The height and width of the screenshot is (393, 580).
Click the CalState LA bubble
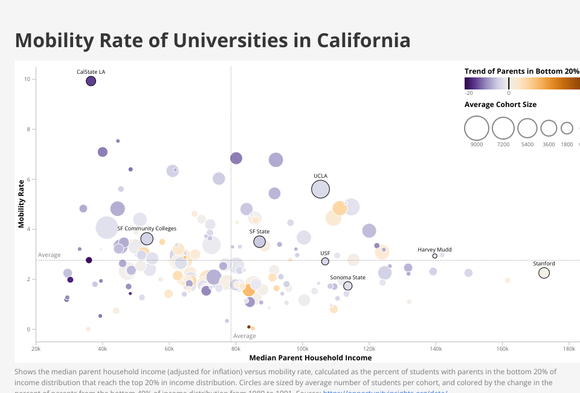pyautogui.click(x=91, y=81)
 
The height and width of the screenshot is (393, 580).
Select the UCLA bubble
pyautogui.click(x=320, y=189)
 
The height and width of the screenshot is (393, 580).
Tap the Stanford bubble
pyautogui.click(x=544, y=273)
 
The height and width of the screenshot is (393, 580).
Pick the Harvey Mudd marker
pyautogui.click(x=434, y=256)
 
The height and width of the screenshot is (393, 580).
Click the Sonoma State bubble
pyautogui.click(x=347, y=286)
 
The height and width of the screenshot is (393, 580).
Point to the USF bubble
pyautogui.click(x=325, y=261)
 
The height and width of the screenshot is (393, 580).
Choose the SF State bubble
pyautogui.click(x=260, y=242)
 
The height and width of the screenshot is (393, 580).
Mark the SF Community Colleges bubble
pyautogui.click(x=147, y=239)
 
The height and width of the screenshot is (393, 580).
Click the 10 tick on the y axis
pyautogui.click(x=27, y=79)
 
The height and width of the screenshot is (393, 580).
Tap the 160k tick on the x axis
pyautogui.click(x=501, y=348)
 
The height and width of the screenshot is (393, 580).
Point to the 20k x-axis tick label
pyautogui.click(x=36, y=348)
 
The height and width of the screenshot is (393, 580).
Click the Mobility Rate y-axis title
pyautogui.click(x=22, y=203)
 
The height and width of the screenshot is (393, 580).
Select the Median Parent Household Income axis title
pyautogui.click(x=310, y=358)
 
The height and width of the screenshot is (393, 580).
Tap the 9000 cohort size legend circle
pyautogui.click(x=477, y=128)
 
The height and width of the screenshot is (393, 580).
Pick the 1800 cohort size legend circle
pyautogui.click(x=567, y=128)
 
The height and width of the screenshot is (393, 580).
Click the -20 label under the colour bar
pyautogui.click(x=469, y=93)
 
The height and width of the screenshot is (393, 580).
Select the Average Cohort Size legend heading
pyautogui.click(x=500, y=105)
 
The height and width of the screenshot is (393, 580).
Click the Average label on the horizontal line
pyautogui.click(x=50, y=255)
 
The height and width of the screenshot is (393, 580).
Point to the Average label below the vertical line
pyautogui.click(x=245, y=336)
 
